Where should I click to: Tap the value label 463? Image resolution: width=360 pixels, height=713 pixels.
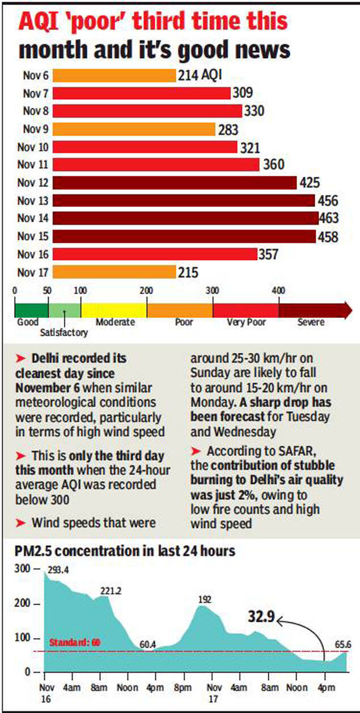click(328, 218)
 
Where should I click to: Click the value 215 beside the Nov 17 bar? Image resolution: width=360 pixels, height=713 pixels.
click(188, 273)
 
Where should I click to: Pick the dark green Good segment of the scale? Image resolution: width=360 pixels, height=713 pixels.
click(31, 310)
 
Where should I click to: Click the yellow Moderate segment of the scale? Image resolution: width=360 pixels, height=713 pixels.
click(114, 310)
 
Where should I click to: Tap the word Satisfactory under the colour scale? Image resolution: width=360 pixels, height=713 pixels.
click(63, 333)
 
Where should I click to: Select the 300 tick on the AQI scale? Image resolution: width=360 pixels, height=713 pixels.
click(213, 291)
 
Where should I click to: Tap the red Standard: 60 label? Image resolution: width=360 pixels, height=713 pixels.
click(75, 642)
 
